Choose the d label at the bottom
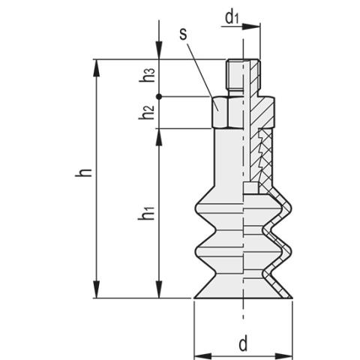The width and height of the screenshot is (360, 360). click(x=242, y=344)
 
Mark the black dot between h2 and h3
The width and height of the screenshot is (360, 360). click(x=159, y=96)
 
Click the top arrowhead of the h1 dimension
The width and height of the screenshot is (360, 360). click(x=159, y=135)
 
